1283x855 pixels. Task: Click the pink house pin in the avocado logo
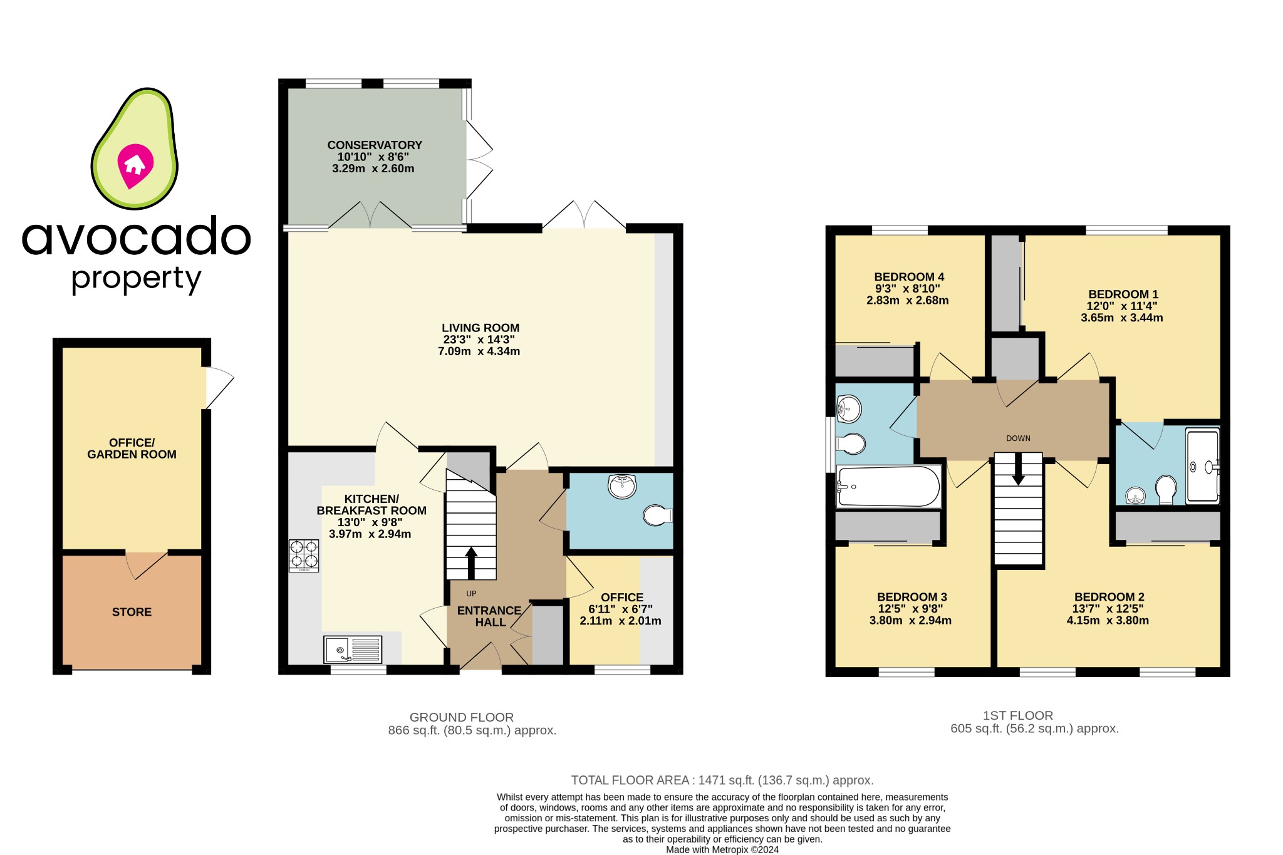[135, 165]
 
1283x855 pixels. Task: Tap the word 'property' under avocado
[136, 279]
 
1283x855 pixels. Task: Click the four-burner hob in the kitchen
[304, 555]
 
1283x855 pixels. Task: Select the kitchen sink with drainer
[353, 650]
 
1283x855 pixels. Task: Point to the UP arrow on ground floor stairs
[471, 562]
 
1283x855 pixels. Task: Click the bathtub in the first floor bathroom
[888, 486]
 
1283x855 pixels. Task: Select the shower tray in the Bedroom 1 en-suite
[1203, 465]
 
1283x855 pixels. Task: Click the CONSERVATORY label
[375, 145]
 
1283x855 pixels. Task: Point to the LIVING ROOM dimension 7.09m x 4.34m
[479, 351]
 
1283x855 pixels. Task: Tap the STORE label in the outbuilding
[132, 612]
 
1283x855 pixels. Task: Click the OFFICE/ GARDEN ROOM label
[132, 448]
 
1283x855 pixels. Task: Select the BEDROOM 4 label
[908, 277]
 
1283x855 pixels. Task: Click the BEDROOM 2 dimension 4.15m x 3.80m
[1108, 621]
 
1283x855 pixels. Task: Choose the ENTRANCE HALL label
[489, 616]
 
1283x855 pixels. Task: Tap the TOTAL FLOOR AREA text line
[722, 780]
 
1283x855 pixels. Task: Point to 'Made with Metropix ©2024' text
[722, 850]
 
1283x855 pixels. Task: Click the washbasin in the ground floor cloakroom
[622, 486]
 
